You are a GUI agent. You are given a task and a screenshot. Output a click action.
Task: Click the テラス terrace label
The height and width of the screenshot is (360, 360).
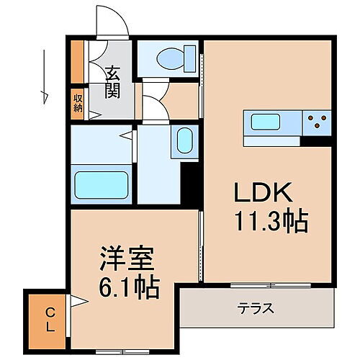click(256, 309)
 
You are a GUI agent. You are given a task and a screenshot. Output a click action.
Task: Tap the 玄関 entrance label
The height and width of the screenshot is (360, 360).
click(112, 81)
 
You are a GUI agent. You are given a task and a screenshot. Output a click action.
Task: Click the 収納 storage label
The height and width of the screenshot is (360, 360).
click(77, 102)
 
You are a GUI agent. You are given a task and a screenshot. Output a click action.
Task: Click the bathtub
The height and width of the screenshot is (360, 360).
click(102, 185)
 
